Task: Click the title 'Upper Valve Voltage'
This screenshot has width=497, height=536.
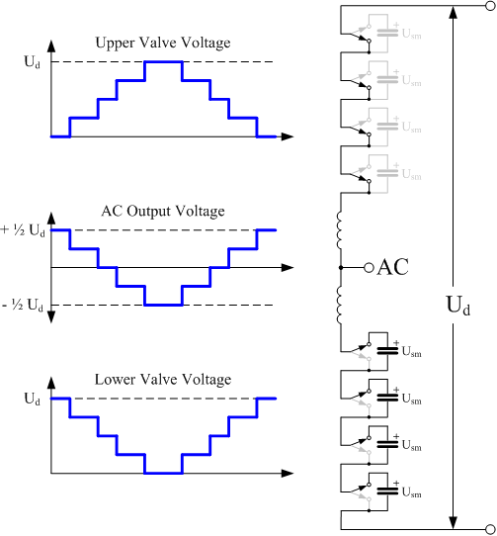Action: (164, 44)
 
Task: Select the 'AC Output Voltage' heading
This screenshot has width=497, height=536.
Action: (163, 211)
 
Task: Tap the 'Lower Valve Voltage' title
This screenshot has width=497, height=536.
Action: (164, 380)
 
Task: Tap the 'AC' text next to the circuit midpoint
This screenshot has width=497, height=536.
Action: (394, 268)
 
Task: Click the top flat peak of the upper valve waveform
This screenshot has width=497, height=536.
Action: (163, 62)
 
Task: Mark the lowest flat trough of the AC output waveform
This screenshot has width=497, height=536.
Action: (163, 305)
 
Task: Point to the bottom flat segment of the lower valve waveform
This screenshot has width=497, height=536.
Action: (163, 474)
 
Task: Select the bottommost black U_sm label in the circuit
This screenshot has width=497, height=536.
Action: (411, 492)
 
